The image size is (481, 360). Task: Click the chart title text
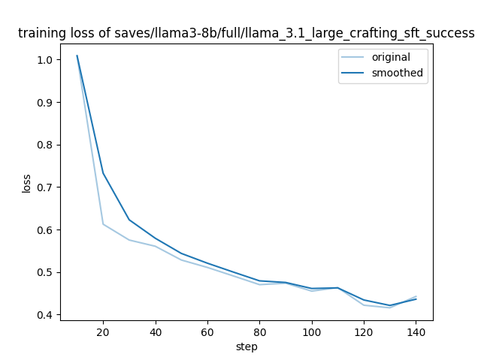[x=246, y=34]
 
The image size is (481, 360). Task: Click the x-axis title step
[x=246, y=346]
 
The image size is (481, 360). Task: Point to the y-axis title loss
[x=26, y=183]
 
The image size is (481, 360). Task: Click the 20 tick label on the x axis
[x=103, y=331]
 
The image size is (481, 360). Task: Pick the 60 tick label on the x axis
[x=207, y=331]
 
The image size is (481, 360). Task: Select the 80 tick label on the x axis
[x=259, y=331]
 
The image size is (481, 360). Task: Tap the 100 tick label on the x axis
[x=312, y=331]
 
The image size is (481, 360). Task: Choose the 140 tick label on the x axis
[x=416, y=331]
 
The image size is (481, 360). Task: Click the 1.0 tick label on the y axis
[x=44, y=60]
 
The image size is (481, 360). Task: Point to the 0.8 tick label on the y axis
[x=44, y=145]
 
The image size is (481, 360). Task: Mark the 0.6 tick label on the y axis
[x=44, y=230]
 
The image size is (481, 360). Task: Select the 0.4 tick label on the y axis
[x=44, y=315]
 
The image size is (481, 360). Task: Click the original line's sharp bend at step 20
[x=103, y=224]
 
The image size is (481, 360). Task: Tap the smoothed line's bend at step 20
[x=103, y=174]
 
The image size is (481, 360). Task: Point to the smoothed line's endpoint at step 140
[x=416, y=299]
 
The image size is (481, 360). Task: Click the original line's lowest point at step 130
[x=390, y=307]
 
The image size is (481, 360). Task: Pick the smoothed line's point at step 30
[x=129, y=220]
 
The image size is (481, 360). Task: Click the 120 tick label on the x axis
[x=364, y=331]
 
